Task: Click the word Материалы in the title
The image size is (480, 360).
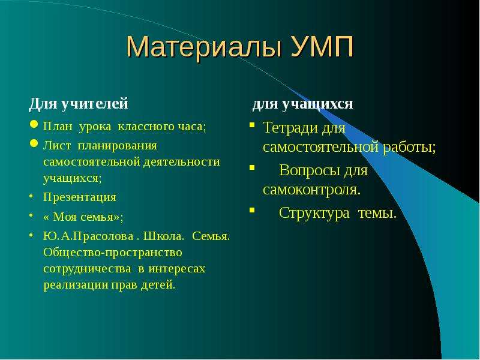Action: coord(203,47)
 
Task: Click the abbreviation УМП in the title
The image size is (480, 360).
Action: coord(322,46)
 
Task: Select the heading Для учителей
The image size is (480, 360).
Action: coord(79,103)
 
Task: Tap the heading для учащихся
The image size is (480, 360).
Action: coord(302,104)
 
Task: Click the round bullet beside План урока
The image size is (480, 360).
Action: coord(34,124)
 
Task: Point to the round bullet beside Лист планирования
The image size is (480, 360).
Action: coord(34,143)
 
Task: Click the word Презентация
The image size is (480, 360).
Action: coord(80,197)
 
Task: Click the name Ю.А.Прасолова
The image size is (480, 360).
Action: coord(88,236)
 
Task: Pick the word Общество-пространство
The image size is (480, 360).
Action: coord(113,253)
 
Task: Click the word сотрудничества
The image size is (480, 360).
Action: coord(87,269)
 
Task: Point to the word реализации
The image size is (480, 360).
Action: coord(76,285)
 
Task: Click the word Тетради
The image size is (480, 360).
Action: coord(290,128)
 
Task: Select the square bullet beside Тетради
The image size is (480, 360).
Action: coord(252,125)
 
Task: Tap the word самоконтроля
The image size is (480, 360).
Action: coord(311,190)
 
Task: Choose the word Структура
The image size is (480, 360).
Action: coord(314,213)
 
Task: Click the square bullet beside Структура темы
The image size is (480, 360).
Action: coord(252,210)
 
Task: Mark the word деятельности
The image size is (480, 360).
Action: coord(182,161)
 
